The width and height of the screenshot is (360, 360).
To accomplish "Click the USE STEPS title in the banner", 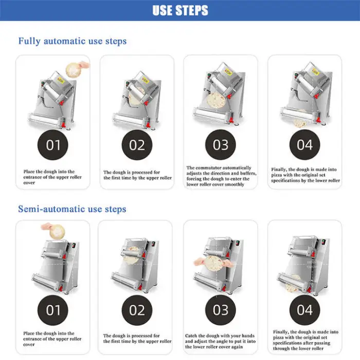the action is (180, 10).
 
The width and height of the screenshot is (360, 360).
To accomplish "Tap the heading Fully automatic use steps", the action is (73, 41).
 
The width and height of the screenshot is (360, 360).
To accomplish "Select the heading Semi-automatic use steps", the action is (72, 209).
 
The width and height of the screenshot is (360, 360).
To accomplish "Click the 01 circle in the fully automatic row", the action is (53, 145).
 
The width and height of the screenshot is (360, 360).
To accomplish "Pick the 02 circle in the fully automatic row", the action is (137, 145).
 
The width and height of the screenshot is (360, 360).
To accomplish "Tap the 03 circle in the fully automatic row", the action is (221, 145).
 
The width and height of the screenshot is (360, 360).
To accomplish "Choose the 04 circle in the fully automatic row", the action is (304, 145).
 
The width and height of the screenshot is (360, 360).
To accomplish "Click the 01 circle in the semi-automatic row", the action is (53, 310).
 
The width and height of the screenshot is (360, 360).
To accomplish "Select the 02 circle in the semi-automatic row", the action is (137, 310).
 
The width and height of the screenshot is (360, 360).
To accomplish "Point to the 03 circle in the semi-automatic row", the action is (221, 310).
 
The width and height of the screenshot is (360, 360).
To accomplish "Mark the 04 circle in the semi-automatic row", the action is (304, 310).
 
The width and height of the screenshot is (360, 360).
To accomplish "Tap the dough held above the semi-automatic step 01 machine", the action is (58, 231).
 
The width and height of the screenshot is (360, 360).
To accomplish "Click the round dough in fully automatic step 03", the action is (216, 101).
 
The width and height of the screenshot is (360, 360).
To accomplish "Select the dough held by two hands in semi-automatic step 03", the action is (214, 264).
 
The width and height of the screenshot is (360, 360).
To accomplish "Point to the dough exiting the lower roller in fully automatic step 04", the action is (300, 122).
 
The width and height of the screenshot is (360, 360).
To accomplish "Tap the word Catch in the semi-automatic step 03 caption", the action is (191, 336).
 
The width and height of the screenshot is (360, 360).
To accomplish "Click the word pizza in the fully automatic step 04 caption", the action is (277, 175).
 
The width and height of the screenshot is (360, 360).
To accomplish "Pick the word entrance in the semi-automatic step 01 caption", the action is (32, 339).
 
